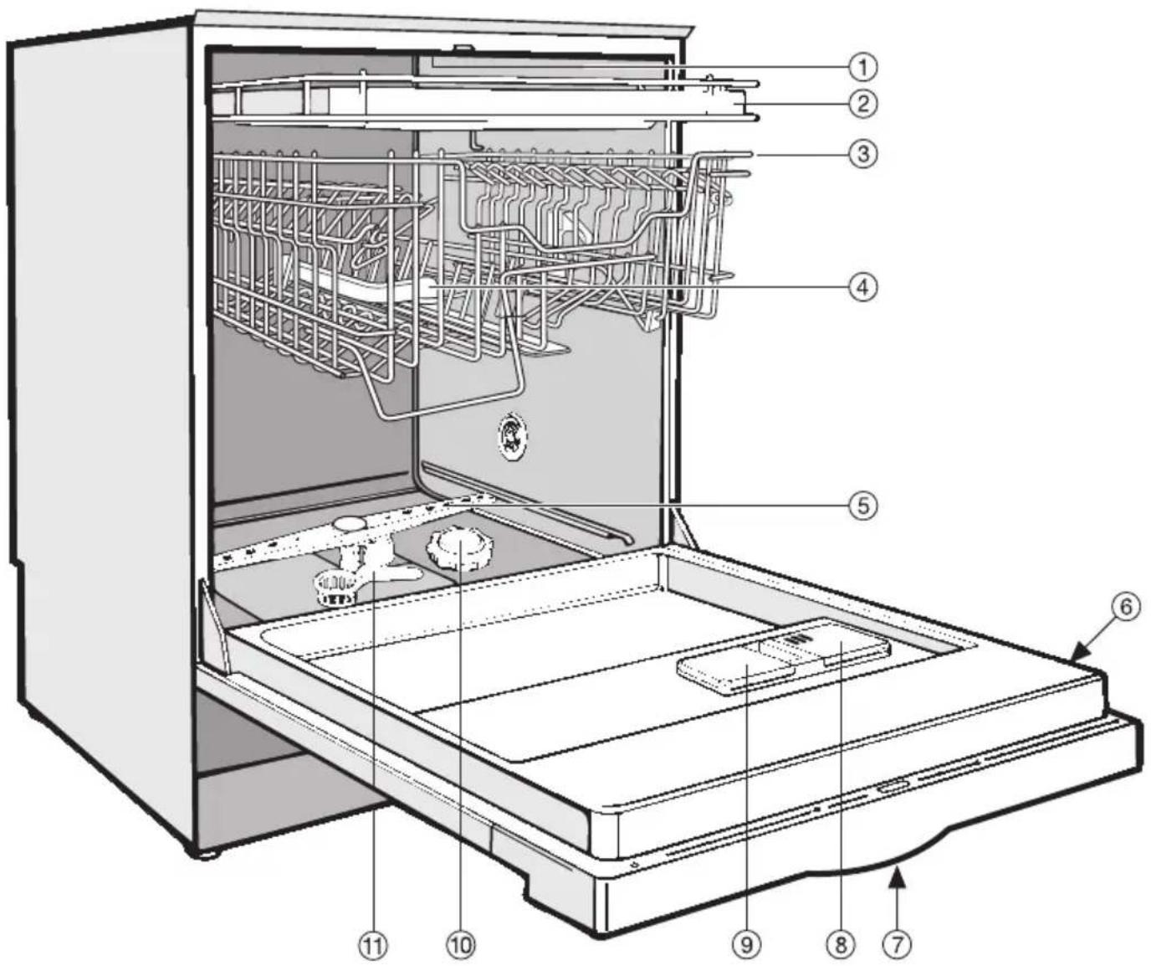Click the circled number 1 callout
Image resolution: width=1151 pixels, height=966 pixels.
[x=862, y=68]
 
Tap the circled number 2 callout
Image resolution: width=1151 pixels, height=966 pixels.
[x=862, y=104]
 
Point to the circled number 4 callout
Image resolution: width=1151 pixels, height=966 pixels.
[x=862, y=287]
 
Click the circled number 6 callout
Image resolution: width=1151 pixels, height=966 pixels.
[x=1124, y=608]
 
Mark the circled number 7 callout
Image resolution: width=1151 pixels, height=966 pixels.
[x=897, y=946]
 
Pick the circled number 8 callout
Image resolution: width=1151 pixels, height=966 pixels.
[x=840, y=946]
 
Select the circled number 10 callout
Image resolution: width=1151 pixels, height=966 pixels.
[x=461, y=946]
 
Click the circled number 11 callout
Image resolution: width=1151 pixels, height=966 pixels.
[x=373, y=946]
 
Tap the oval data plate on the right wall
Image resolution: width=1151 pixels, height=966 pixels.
[x=512, y=436]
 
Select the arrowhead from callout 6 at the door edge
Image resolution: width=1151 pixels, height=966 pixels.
[x=1081, y=653]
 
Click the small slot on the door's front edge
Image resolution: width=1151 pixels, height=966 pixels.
[x=894, y=789]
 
